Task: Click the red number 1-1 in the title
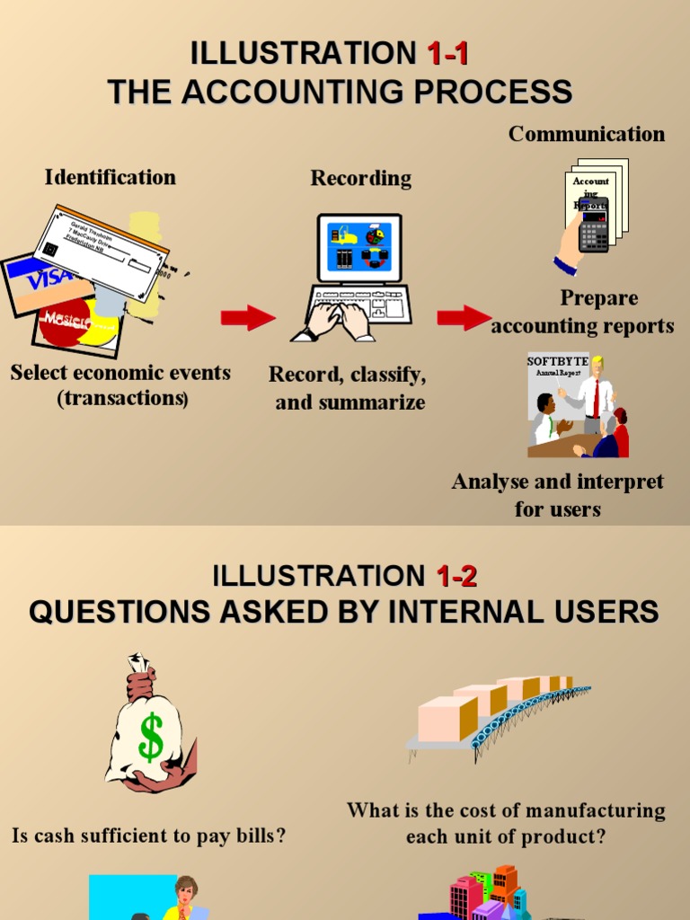pos(447,54)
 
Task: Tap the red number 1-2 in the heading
pos(456,575)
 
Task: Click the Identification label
pos(111,177)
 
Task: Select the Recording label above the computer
pos(361,178)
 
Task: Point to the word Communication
pos(587,134)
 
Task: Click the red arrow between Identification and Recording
pos(248,317)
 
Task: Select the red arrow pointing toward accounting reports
pos(464,317)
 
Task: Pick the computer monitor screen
pos(359,246)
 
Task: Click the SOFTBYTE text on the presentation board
pos(557,361)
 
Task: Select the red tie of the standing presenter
pos(595,400)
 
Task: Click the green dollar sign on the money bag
pos(151,737)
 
